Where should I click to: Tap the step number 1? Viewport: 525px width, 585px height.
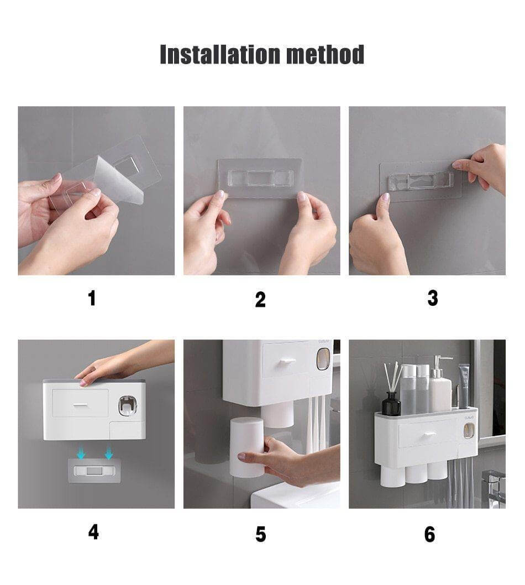[x=92, y=299]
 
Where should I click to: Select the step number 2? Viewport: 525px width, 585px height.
[x=260, y=300]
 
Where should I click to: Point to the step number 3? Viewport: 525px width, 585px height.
[x=433, y=299]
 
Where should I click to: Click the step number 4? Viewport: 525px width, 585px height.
[x=93, y=532]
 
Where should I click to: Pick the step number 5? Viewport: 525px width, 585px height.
[x=261, y=534]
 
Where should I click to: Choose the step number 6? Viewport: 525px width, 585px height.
[x=429, y=534]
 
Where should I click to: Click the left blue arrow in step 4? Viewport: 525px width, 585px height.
[x=81, y=453]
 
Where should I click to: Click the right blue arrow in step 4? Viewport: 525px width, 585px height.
[x=108, y=453]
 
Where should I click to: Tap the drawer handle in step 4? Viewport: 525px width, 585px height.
[x=80, y=405]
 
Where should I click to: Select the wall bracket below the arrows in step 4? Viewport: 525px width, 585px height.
[x=95, y=471]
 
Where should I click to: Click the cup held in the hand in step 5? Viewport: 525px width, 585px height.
[x=247, y=448]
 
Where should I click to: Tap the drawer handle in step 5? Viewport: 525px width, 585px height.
[x=284, y=361]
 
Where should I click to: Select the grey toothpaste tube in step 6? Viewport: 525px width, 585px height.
[x=463, y=386]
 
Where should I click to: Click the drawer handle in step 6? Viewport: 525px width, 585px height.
[x=429, y=434]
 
